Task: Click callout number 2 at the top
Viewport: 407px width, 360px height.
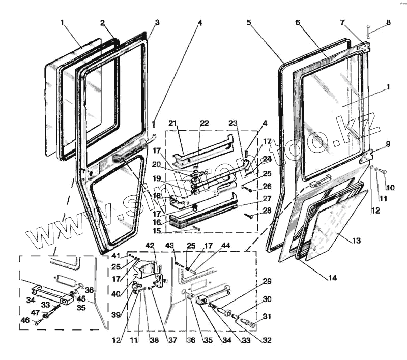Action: click(x=103, y=23)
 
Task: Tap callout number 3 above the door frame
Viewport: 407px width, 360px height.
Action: click(x=157, y=23)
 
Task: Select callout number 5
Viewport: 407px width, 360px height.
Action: click(x=249, y=23)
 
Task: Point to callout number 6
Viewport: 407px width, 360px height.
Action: click(x=298, y=23)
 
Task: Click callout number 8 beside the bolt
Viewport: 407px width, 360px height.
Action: click(x=388, y=23)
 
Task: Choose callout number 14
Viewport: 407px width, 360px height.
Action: click(x=332, y=278)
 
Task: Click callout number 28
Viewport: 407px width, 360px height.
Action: click(x=267, y=210)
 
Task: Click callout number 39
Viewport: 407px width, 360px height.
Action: click(x=116, y=315)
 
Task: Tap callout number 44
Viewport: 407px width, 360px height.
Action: click(x=226, y=246)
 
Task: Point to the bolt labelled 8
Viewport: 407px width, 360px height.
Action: click(x=369, y=32)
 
